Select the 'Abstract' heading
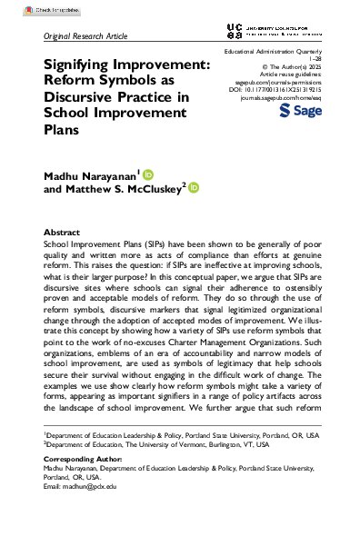[62, 233]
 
